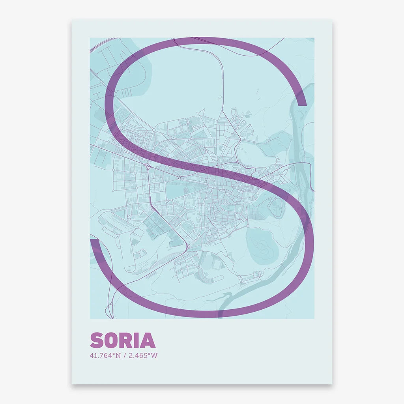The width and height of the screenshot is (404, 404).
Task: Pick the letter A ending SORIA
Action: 148,340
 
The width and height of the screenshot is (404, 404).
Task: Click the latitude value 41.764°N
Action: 105,355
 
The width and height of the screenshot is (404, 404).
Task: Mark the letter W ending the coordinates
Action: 155,355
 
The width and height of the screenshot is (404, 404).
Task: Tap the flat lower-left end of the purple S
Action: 95,239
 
